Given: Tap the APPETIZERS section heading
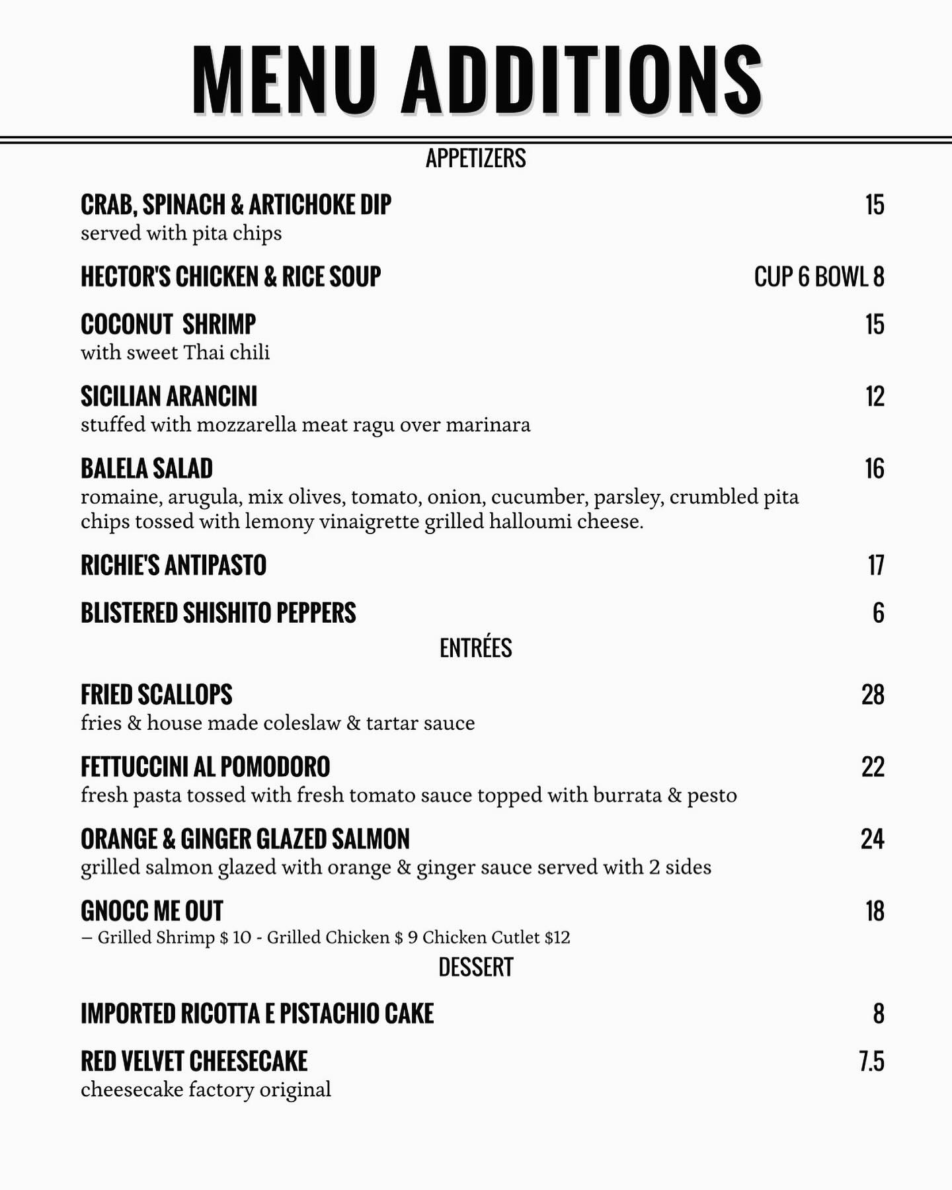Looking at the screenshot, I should coord(476,159).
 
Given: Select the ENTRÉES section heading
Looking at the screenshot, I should coord(476,648).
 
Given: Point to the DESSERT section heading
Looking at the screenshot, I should coord(476,967).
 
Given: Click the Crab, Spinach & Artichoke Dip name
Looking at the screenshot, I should coord(236,205).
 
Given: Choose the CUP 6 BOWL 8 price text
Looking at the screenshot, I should coord(819,277).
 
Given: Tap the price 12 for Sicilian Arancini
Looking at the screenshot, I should coord(875,397).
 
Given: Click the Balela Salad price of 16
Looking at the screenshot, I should coord(875,469).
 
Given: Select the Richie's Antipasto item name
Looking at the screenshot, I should coord(173,565).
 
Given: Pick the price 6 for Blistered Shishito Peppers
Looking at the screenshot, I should coord(878,613).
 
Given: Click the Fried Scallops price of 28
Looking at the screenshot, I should coord(873,695).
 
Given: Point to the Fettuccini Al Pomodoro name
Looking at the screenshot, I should coord(205,767).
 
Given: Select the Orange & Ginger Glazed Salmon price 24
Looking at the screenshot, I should coord(873,839).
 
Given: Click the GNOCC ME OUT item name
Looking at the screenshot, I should coord(152,911).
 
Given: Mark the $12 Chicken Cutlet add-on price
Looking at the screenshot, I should coord(557,937).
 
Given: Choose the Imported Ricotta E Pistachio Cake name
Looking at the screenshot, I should coord(257,1013).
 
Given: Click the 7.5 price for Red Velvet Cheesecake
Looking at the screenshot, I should coord(872,1061).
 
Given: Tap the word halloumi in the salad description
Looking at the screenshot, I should coord(531,522).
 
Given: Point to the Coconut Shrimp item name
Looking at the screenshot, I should coord(168,325).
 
